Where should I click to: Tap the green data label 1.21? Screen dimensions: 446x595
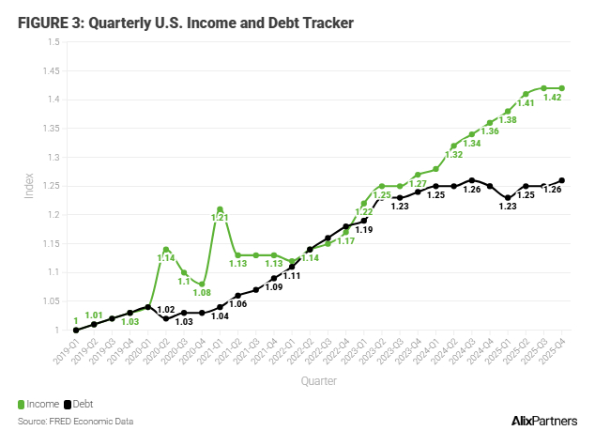[x=220, y=218]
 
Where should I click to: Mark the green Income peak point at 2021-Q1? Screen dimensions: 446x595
[x=220, y=208]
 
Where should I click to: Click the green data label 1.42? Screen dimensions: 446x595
[x=553, y=97]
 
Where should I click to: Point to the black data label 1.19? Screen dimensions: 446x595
[x=363, y=229]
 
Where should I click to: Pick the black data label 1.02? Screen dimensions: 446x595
[x=165, y=309]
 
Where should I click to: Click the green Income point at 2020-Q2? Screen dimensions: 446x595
[x=166, y=250]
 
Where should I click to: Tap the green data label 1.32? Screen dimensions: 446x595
[x=453, y=155]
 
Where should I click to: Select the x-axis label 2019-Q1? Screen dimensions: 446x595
[x=65, y=355]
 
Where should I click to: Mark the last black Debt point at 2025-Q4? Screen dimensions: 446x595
[x=562, y=180]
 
